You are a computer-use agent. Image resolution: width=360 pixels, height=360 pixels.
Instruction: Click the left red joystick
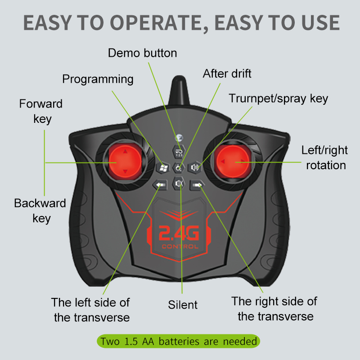click(x=125, y=162)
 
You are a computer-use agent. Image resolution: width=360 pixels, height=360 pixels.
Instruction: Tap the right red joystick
click(x=233, y=162)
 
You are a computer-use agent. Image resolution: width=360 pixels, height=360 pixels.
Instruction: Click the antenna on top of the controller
click(x=179, y=90)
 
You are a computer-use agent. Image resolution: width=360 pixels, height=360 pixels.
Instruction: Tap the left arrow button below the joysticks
click(x=160, y=185)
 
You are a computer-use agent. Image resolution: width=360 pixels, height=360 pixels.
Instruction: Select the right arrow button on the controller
click(x=197, y=185)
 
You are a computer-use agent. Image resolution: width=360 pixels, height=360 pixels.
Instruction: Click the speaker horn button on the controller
click(x=195, y=167)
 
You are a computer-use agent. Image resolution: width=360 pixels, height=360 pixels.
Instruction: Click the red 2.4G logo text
click(x=179, y=233)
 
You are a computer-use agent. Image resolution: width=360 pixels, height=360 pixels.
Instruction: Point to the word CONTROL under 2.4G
click(x=180, y=247)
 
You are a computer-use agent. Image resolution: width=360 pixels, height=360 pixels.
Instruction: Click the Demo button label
click(x=142, y=53)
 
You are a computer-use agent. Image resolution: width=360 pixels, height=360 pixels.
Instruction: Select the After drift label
click(x=227, y=73)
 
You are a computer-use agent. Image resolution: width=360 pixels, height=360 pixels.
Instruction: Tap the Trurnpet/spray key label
click(x=278, y=99)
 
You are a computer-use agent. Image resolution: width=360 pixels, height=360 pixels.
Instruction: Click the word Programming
click(x=98, y=80)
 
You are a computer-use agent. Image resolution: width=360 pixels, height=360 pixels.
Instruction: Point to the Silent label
click(x=183, y=305)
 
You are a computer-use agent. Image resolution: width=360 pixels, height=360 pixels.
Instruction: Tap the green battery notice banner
click(x=178, y=341)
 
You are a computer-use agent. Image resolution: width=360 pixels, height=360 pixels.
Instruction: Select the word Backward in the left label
click(x=40, y=203)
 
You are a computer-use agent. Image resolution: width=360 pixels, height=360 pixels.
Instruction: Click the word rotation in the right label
click(x=326, y=165)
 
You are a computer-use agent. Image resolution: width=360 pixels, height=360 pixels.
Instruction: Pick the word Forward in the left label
click(x=41, y=104)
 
